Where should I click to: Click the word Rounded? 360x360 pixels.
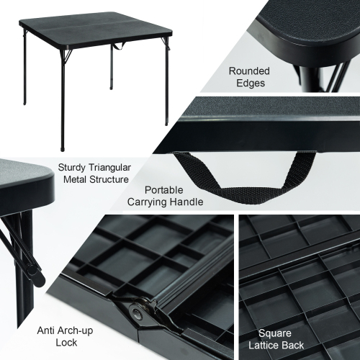[249, 71]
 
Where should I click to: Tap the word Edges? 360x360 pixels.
[251, 83]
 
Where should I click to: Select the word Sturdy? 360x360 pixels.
[71, 168]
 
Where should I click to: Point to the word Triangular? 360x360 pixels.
[109, 168]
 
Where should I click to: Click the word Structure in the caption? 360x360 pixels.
[109, 179]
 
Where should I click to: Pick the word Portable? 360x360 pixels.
[164, 190]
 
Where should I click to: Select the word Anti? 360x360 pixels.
[45, 330]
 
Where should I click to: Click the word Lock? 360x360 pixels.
[66, 343]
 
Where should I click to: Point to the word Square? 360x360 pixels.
[275, 333]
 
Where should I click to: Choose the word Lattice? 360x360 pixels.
[264, 346]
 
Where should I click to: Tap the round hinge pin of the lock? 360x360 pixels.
[137, 313]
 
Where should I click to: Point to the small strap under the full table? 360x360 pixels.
[120, 47]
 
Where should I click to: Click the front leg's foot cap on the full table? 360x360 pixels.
[63, 149]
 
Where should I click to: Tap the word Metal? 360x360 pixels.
[75, 179]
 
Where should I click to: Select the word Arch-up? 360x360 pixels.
[74, 331]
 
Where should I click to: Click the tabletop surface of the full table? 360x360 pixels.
[96, 28]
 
